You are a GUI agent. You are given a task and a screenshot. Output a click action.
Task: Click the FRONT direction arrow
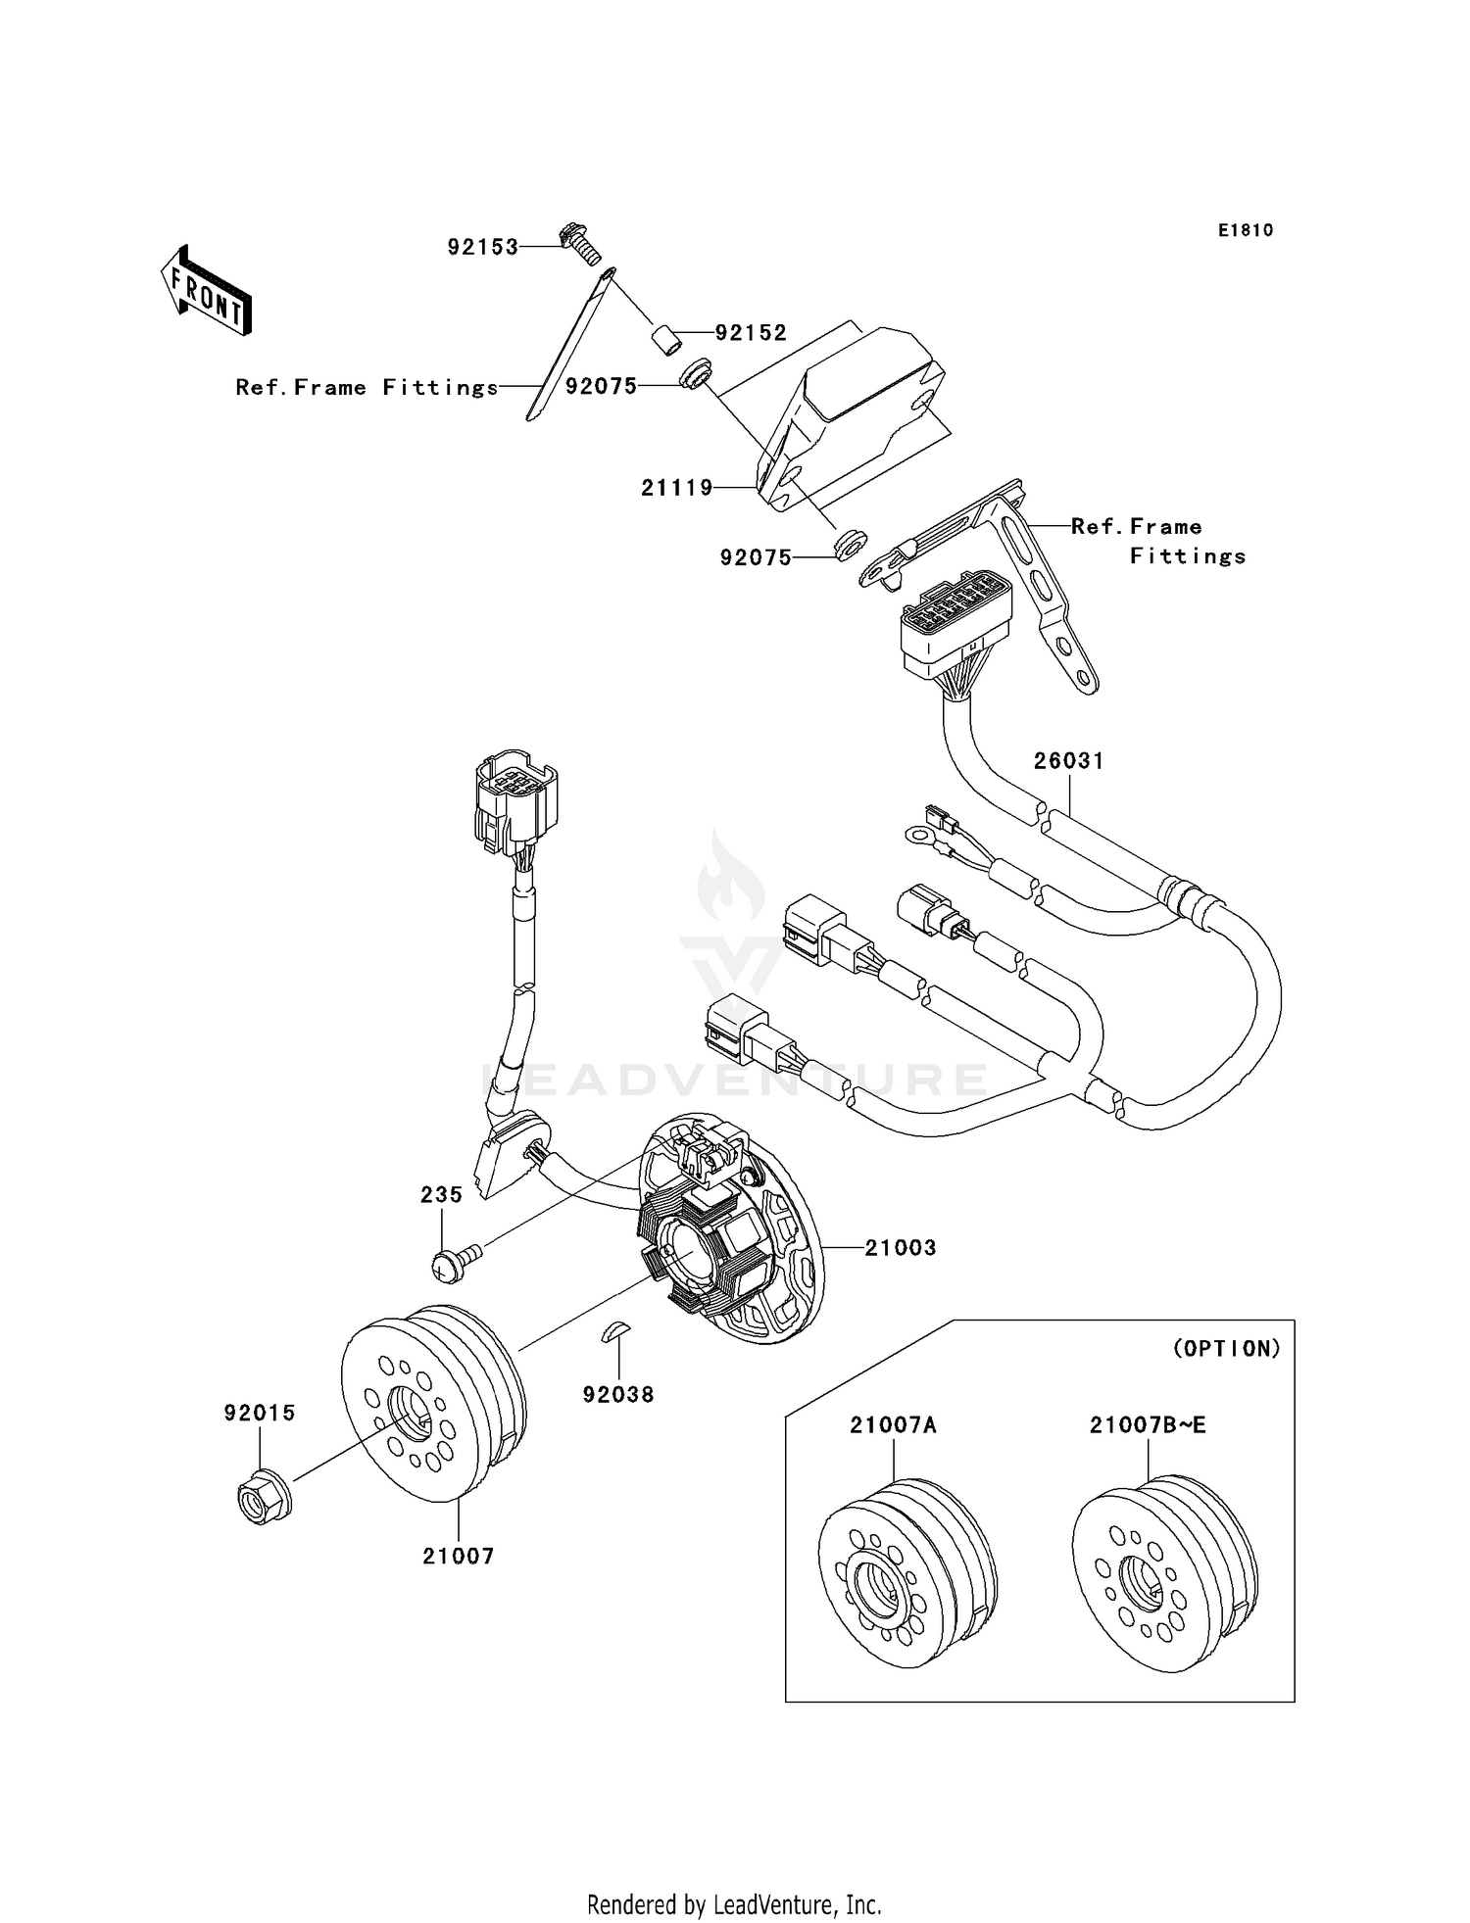pyautogui.click(x=207, y=291)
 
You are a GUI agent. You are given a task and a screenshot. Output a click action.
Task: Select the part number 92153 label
pyautogui.click(x=482, y=248)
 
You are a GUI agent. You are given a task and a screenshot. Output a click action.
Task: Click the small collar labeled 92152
pyautogui.click(x=667, y=344)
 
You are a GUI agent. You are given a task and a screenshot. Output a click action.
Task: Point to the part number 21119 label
pyautogui.click(x=676, y=488)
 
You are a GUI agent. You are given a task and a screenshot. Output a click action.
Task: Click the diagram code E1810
pyautogui.click(x=1246, y=231)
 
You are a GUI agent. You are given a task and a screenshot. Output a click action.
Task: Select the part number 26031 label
pyautogui.click(x=1069, y=761)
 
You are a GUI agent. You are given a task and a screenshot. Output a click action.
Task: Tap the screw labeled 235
pyautogui.click(x=453, y=1263)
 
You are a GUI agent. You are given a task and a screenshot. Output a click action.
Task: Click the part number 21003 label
pyautogui.click(x=900, y=1248)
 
